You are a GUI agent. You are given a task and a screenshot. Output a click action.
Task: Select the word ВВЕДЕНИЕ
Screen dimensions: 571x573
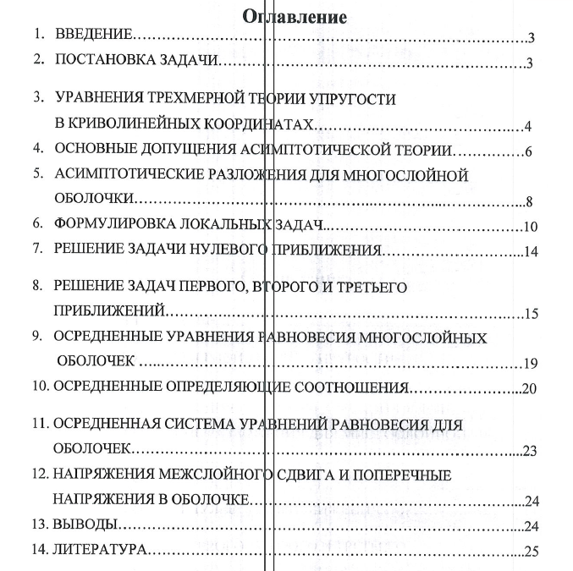pyautogui.click(x=94, y=36)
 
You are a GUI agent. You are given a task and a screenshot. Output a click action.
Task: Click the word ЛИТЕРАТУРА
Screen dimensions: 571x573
pyautogui.click(x=100, y=552)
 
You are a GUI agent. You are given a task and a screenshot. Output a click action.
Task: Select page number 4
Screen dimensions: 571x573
pyautogui.click(x=526, y=127)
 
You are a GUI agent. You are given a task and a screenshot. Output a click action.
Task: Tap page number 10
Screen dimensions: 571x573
pyautogui.click(x=530, y=227)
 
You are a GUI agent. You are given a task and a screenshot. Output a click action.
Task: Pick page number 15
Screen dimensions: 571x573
pyautogui.click(x=531, y=315)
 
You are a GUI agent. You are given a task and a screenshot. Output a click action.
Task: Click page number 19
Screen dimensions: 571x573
pyautogui.click(x=531, y=365)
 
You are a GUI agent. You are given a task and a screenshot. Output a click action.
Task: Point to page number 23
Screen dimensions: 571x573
pyautogui.click(x=531, y=452)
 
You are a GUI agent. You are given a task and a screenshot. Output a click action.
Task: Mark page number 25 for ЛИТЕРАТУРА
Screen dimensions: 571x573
pyautogui.click(x=531, y=553)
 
